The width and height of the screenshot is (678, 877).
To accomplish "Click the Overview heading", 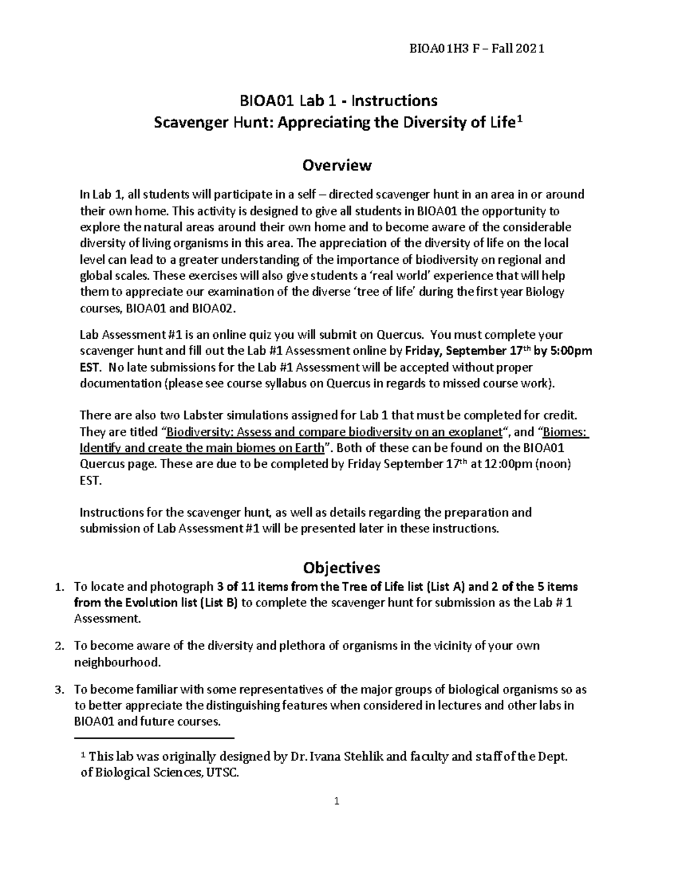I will pyautogui.click(x=337, y=165).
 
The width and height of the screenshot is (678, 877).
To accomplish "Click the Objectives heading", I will pyautogui.click(x=341, y=567).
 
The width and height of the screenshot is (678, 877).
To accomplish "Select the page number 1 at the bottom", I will pyautogui.click(x=337, y=801).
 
